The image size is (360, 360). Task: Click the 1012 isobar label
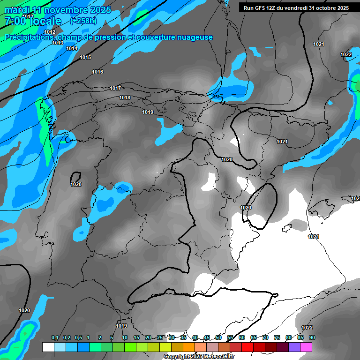[50, 32]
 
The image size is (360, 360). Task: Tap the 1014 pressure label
[72, 48]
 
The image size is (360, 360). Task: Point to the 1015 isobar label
[85, 57]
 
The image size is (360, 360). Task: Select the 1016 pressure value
[97, 72]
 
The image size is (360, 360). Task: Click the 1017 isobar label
[115, 88]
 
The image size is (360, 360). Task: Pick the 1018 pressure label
[125, 97]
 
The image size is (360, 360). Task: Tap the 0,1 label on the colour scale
[55, 337]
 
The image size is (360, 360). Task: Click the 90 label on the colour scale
[312, 337]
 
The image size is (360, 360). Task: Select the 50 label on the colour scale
[218, 337]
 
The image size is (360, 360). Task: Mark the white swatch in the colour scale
[48, 347]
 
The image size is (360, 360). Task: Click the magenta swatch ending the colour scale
[306, 347]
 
